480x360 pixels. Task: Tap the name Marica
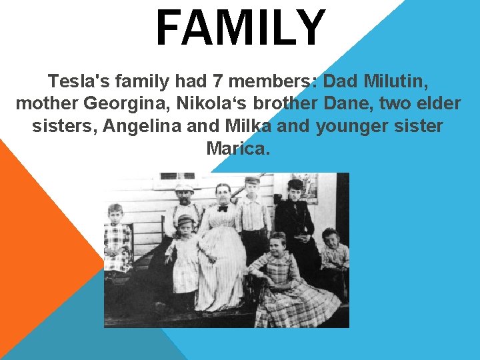239,148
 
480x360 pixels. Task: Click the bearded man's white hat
184,188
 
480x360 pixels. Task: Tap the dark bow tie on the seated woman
223,208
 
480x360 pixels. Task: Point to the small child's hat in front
185,219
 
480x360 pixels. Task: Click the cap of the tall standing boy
252,180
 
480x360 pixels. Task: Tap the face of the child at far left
115,214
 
